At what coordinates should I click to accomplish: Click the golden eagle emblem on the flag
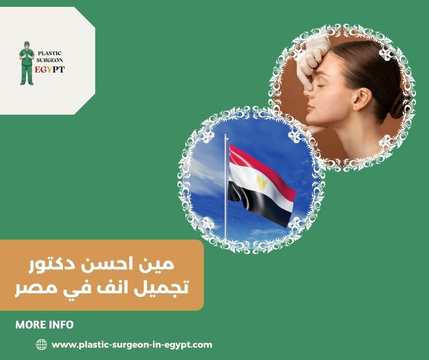(x=261, y=183)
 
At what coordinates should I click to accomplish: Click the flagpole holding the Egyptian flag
(x=225, y=192)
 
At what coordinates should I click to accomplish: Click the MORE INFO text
(x=44, y=325)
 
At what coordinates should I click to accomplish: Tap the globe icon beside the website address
(x=41, y=345)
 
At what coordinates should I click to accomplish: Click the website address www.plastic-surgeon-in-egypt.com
(x=132, y=345)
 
